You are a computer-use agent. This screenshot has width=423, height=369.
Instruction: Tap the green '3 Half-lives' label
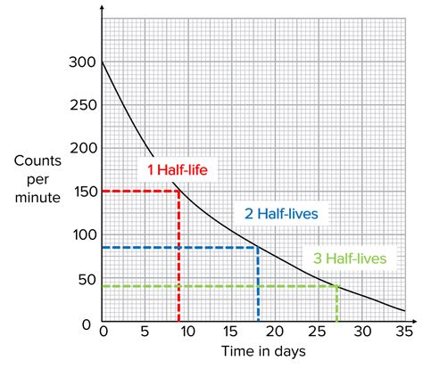tap(351, 258)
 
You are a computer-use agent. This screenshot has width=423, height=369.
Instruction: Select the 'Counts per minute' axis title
tap(37, 179)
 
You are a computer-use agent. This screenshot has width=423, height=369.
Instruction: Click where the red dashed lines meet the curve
tap(179, 191)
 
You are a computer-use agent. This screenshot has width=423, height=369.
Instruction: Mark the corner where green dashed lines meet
tap(336, 286)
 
